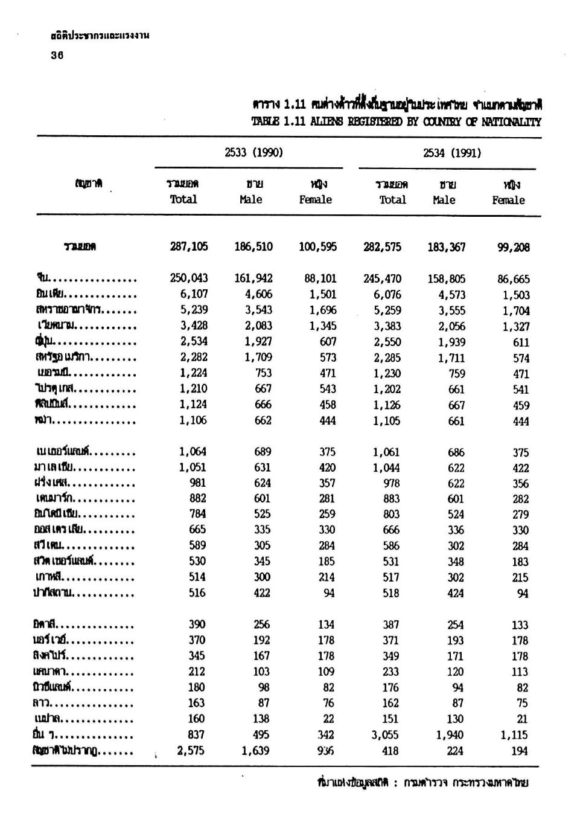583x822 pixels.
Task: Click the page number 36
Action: pos(57,55)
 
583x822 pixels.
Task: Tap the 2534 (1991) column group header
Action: pos(452,153)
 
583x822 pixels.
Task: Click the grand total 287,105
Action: pos(189,246)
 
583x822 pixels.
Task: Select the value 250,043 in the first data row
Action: pos(189,278)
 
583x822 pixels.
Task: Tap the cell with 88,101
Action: pos(320,278)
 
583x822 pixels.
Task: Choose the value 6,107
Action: pos(193,294)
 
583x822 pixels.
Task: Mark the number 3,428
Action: pos(193,326)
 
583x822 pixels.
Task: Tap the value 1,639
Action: pos(256,751)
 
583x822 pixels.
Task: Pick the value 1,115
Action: pos(514,735)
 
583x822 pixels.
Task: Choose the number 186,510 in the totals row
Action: pos(253,246)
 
